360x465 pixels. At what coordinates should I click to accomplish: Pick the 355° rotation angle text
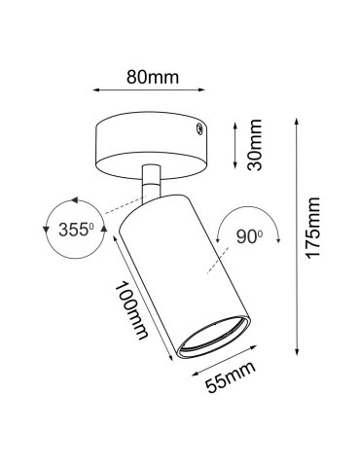[x=71, y=232]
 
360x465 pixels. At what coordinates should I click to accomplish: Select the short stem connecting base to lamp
[x=150, y=184]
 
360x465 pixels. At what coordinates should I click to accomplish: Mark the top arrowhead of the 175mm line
[x=296, y=123]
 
